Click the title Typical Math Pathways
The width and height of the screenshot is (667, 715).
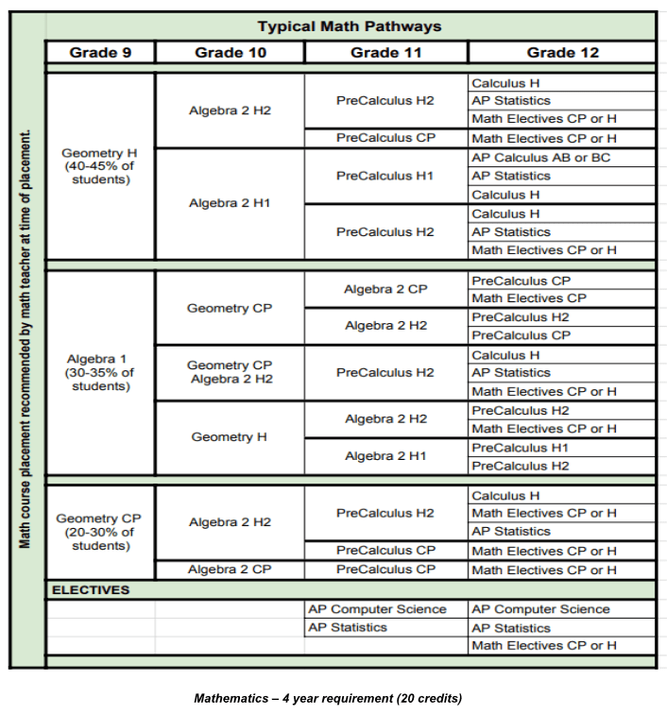[351, 26]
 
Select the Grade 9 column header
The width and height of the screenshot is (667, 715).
[99, 52]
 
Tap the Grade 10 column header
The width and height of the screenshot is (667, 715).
[230, 52]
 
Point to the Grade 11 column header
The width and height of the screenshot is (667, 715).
[385, 52]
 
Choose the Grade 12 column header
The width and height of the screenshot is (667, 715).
[561, 52]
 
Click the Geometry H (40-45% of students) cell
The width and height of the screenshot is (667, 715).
[99, 166]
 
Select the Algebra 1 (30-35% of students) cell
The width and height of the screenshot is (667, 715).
[99, 372]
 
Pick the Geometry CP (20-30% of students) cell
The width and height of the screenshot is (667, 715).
[99, 532]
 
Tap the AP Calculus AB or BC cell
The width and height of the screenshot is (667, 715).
[540, 158]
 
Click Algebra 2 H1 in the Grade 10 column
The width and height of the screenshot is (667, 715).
[230, 203]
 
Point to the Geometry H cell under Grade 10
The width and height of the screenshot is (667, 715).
[230, 437]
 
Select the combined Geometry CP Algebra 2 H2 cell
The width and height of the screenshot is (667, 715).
[230, 372]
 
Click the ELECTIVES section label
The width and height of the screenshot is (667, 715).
[91, 589]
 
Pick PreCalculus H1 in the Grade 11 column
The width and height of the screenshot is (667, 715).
[385, 176]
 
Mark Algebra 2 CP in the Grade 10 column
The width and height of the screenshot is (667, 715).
[230, 570]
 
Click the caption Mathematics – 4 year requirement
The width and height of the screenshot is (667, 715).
[328, 699]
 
